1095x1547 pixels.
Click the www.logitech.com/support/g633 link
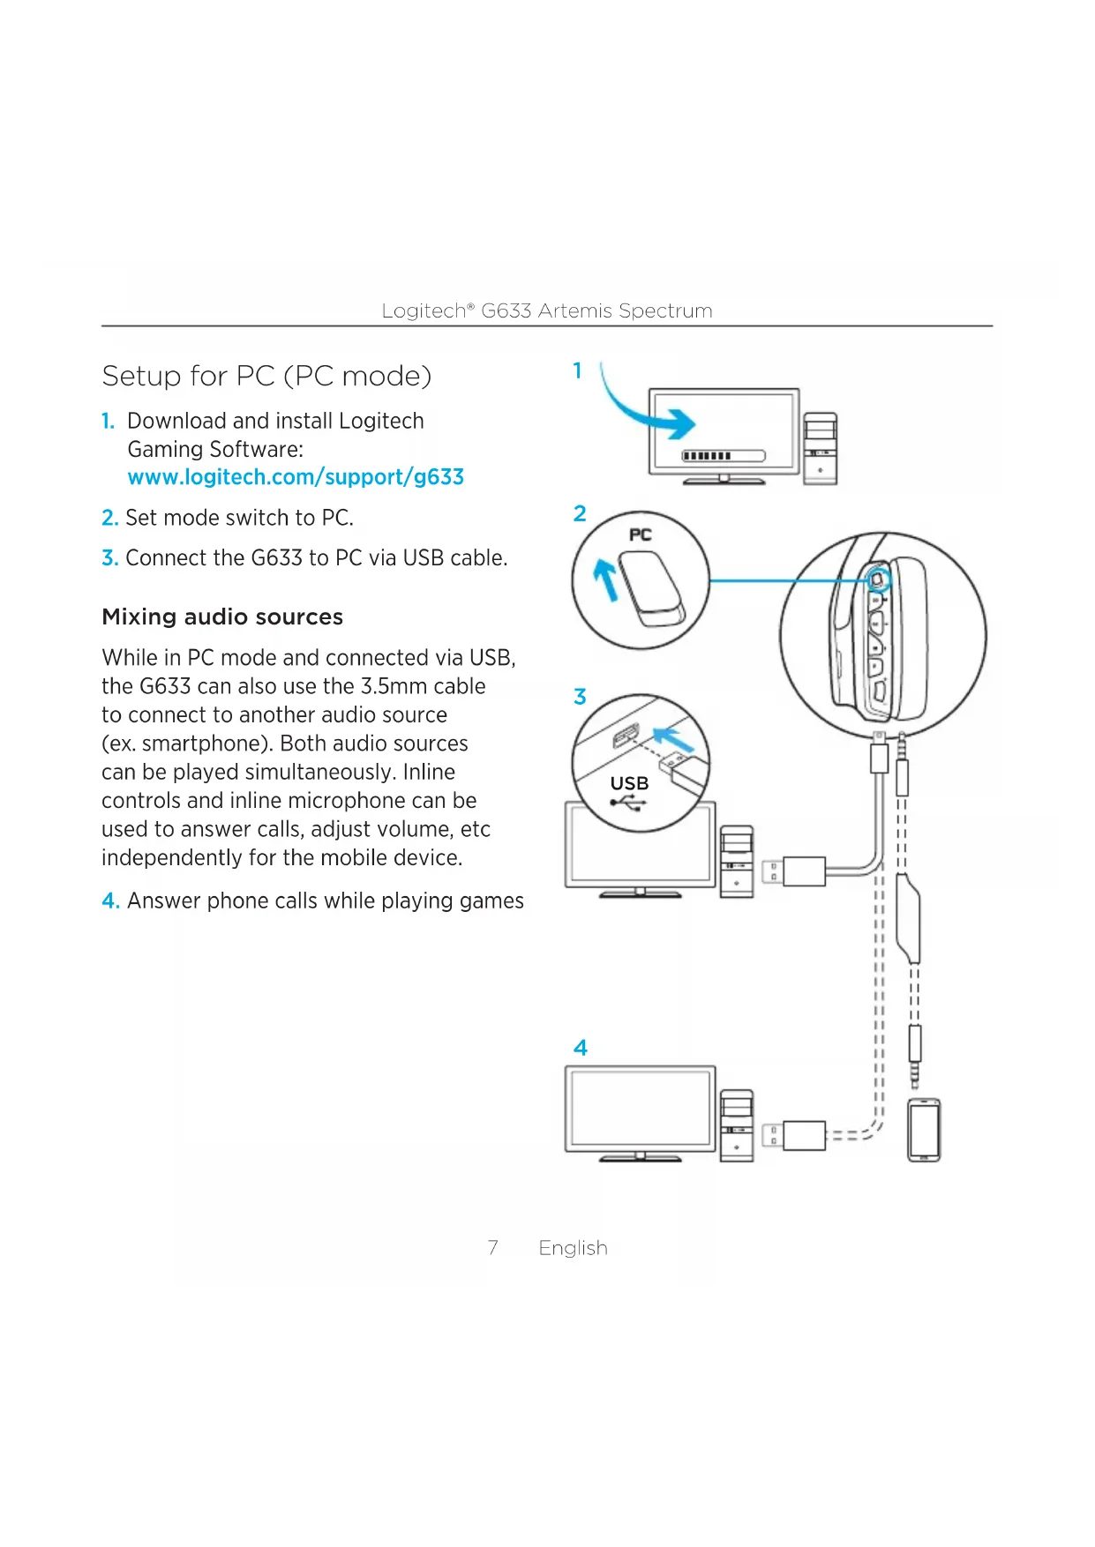click(x=296, y=477)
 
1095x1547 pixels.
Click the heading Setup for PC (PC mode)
click(x=266, y=377)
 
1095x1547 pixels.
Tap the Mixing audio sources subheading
click(x=222, y=617)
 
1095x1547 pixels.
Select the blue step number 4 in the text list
click(x=110, y=901)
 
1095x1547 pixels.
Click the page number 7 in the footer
click(x=492, y=1248)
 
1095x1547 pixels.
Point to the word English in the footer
click(x=573, y=1248)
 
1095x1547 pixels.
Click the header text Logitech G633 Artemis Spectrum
click(x=547, y=310)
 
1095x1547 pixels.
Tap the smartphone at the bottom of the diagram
click(x=924, y=1130)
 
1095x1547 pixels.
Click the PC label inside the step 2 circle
click(x=641, y=534)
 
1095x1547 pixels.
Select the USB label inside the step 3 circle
click(x=629, y=783)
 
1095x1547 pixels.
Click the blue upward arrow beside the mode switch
click(x=606, y=580)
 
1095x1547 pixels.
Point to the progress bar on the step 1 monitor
click(x=724, y=456)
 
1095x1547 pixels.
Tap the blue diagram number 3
click(x=580, y=697)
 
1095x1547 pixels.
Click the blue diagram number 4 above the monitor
click(x=580, y=1048)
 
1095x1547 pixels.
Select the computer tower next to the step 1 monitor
click(x=820, y=448)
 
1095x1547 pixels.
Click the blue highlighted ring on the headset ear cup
click(x=878, y=579)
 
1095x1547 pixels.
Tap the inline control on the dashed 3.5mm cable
click(x=908, y=917)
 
